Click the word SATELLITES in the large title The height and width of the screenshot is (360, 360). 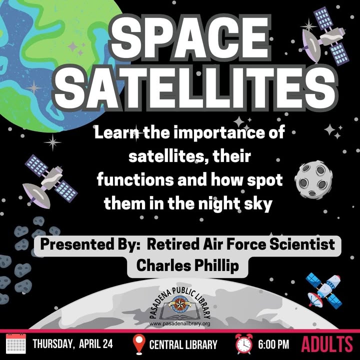(x=195, y=88)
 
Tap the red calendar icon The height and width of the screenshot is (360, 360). (x=16, y=343)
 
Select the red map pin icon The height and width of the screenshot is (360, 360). (x=139, y=344)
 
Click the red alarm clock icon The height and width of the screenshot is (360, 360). (x=244, y=344)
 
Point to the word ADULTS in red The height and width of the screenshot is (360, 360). (x=326, y=344)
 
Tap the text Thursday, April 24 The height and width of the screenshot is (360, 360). (x=73, y=344)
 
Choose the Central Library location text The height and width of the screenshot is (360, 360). (x=183, y=344)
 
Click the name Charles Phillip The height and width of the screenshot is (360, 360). (x=187, y=266)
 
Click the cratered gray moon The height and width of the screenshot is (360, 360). (x=313, y=179)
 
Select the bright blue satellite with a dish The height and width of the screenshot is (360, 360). (x=324, y=290)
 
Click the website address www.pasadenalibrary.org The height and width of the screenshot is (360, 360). (x=180, y=323)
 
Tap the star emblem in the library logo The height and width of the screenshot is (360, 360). (x=180, y=304)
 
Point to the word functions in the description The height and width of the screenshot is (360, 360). (x=135, y=180)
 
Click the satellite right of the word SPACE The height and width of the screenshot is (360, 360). (x=324, y=36)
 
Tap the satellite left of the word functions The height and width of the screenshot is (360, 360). (x=50, y=181)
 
